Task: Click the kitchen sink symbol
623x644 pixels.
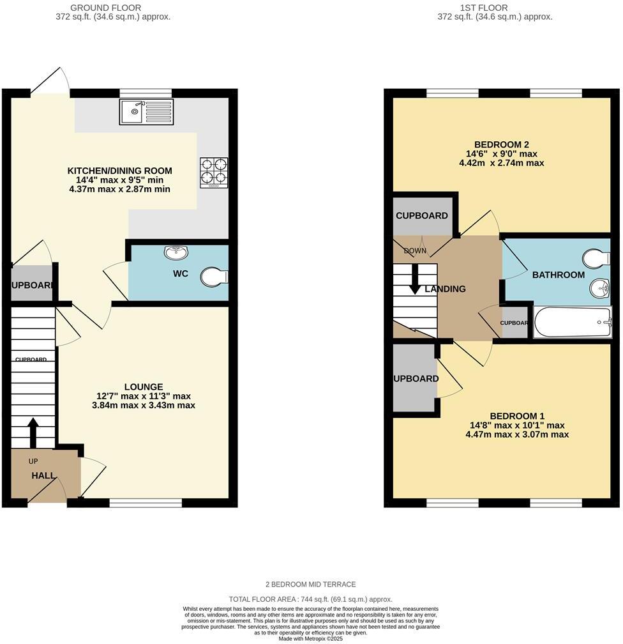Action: coord(146,112)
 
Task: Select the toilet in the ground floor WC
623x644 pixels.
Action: coord(214,277)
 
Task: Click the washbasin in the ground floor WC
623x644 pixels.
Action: coord(176,253)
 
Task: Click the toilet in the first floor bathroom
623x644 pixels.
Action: coord(597,259)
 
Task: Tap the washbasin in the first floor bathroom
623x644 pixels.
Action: coord(599,288)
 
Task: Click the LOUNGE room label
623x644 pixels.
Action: coord(144,387)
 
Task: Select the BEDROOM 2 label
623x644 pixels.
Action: coord(501,144)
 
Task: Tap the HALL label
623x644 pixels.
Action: coord(44,475)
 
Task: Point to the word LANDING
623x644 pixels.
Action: coord(445,289)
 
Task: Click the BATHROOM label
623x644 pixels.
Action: coord(559,275)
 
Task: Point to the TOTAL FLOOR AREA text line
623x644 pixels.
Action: coord(311,600)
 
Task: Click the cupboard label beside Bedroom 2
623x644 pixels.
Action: coord(421,215)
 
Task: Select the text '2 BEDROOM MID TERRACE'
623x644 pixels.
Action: coord(311,584)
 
